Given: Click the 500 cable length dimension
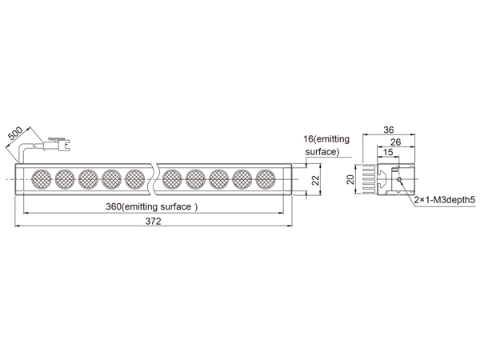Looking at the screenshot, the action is point(15,134).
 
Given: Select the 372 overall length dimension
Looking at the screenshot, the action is point(153,221).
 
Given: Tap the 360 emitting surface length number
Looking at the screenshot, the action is point(114,206).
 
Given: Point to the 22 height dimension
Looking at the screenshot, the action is point(316,180).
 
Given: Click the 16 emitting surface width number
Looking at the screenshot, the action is point(309,139).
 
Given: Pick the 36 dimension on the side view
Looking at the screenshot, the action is point(389,130).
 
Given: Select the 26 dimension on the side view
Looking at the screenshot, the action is point(396,142).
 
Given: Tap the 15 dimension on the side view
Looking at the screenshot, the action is point(388,152).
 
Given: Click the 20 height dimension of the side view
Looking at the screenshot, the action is point(351,179).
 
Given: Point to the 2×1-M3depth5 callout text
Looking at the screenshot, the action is point(445,200).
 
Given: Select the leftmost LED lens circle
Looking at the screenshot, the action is point(42,179).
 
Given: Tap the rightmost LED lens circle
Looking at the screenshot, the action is point(266,179).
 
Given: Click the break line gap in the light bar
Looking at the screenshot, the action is point(154,179).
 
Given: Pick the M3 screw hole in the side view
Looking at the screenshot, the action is point(399,179).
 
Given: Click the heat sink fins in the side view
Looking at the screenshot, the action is point(369,179).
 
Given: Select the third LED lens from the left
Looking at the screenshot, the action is point(88,179).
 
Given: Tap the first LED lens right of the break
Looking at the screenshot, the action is point(172,179).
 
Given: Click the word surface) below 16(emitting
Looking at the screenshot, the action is point(322,152).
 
